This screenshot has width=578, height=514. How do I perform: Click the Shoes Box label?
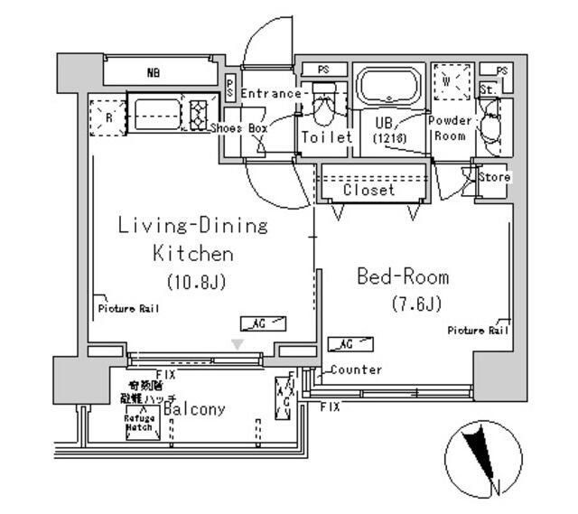tap(239, 129)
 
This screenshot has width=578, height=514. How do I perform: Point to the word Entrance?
tap(271, 94)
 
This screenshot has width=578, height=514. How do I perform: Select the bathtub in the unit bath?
tap(388, 88)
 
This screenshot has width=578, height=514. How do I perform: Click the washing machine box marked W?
tap(449, 81)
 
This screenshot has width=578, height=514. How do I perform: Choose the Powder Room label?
tap(449, 128)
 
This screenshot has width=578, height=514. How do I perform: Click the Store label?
tap(494, 177)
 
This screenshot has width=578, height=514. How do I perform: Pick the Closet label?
tap(368, 191)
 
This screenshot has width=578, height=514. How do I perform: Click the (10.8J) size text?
tap(194, 281)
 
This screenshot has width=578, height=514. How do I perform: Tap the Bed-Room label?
tap(403, 277)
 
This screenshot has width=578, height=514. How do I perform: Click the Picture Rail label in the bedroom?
tap(479, 331)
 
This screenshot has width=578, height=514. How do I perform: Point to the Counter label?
tap(356, 369)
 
